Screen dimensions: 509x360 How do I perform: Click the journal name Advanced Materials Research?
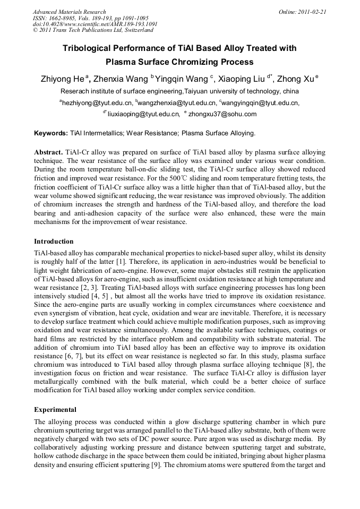[x=69, y=12]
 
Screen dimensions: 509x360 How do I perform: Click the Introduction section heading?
[x=54, y=241]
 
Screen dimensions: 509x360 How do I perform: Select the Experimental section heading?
[x=55, y=410]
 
